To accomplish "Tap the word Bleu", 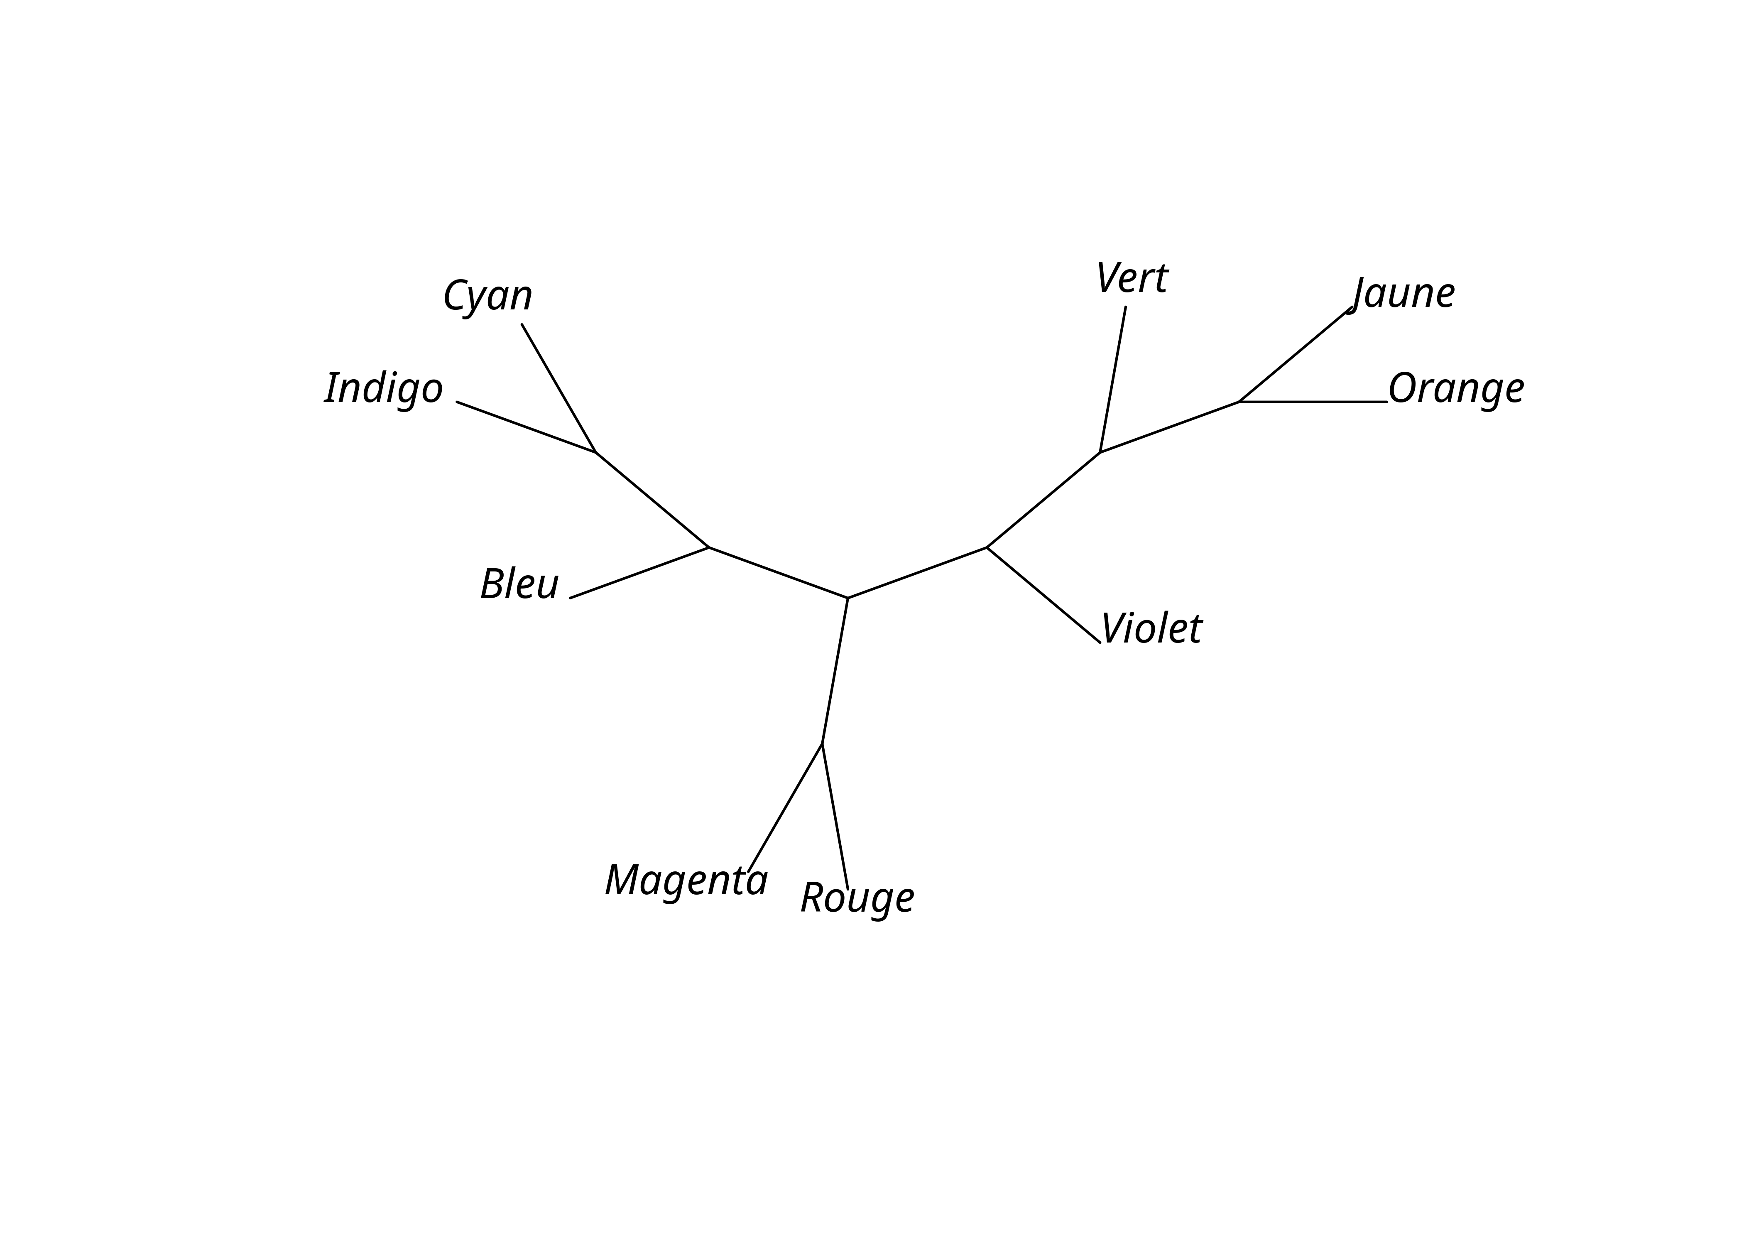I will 519,585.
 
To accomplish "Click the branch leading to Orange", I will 1313,401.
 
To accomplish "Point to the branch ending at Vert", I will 1113,380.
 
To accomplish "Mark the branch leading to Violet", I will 1043,595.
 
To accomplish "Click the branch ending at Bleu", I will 639,572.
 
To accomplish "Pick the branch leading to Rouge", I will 834,816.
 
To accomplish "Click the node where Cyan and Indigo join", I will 596,453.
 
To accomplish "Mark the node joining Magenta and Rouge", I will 822,743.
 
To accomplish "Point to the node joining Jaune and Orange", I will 1239,401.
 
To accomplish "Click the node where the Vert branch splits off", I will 1100,453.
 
